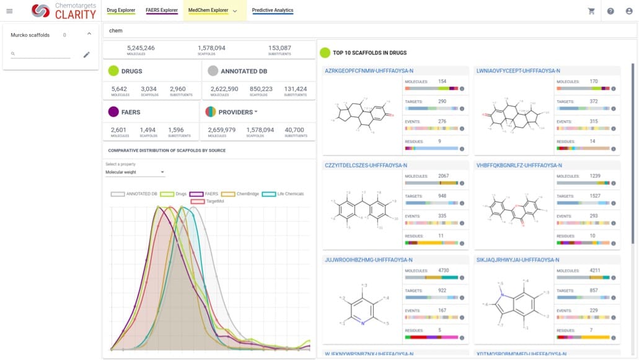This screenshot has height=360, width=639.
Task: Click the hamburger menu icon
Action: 9,11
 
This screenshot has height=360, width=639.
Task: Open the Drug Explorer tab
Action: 121,11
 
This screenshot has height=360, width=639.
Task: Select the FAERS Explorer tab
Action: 162,11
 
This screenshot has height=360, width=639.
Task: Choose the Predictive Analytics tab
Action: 273,11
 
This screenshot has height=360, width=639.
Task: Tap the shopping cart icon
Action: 591,11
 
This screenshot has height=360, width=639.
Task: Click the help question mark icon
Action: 610,11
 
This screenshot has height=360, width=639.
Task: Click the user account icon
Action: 630,11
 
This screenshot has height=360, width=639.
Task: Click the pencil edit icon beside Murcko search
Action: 87,55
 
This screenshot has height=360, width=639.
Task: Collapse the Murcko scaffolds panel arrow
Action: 89,34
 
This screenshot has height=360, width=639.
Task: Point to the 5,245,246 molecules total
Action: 141,48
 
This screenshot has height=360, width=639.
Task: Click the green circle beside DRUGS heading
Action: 113,71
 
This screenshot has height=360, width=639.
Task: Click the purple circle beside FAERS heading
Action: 113,112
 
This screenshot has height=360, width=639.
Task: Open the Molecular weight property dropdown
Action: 134,172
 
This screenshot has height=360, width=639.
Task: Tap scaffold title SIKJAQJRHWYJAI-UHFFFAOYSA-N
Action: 518,260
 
